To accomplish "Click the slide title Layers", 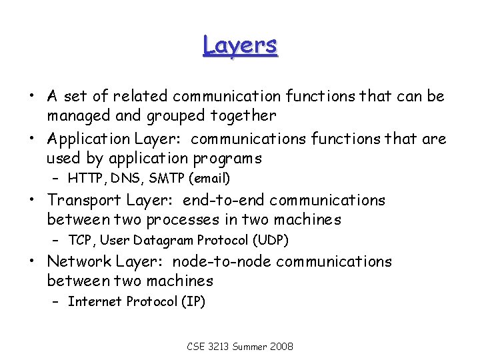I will (x=240, y=46).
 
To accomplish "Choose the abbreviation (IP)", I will (x=192, y=301).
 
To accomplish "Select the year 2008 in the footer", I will (x=280, y=347).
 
